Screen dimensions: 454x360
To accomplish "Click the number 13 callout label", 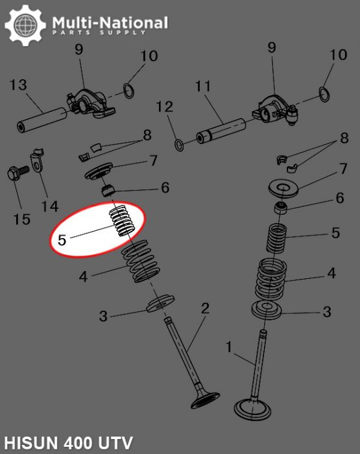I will point(18,85).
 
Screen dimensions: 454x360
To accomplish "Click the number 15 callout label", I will point(21,219).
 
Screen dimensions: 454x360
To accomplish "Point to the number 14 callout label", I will point(50,206).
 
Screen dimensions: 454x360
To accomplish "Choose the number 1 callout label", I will point(228,348).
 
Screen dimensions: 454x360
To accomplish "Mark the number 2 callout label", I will point(205,308).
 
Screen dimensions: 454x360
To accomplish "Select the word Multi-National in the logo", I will point(110,23).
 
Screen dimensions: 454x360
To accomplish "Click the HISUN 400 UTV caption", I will point(67,443).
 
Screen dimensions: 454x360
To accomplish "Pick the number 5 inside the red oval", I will point(62,239).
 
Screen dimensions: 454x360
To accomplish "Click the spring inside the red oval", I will point(123,222).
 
